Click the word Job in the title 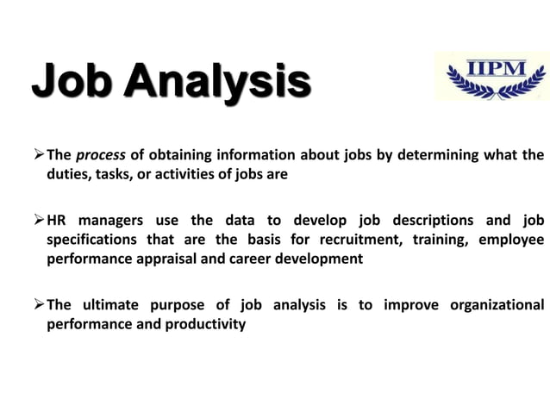pos(70,84)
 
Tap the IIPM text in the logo pos(491,64)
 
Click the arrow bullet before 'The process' pos(38,156)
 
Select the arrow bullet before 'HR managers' pos(38,220)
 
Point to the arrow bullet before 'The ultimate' pos(38,305)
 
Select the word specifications pos(90,239)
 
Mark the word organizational pos(496,305)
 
